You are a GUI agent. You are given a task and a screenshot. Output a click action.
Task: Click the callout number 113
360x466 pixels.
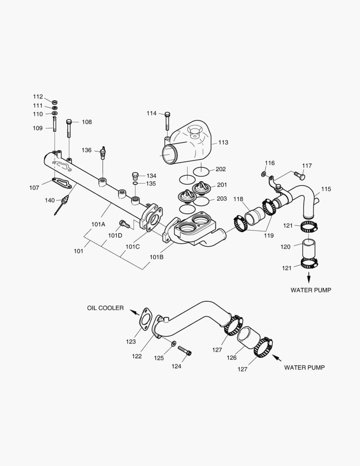tap(223, 142)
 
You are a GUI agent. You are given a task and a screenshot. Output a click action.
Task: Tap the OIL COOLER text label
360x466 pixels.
tap(105, 308)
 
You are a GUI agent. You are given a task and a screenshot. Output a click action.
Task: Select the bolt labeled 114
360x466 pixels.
tap(168, 121)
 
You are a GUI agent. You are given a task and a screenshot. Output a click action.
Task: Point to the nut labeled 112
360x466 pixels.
tap(55, 102)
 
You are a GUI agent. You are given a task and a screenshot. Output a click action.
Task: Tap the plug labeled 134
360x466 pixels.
tap(135, 175)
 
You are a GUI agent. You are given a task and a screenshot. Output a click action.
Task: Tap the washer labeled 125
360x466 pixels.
tap(173, 344)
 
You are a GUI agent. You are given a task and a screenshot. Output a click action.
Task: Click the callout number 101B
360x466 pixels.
tap(157, 257)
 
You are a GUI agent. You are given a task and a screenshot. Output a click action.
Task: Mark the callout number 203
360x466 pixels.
tap(222, 198)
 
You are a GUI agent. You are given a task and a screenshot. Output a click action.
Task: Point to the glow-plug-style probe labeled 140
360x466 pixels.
tap(63, 203)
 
